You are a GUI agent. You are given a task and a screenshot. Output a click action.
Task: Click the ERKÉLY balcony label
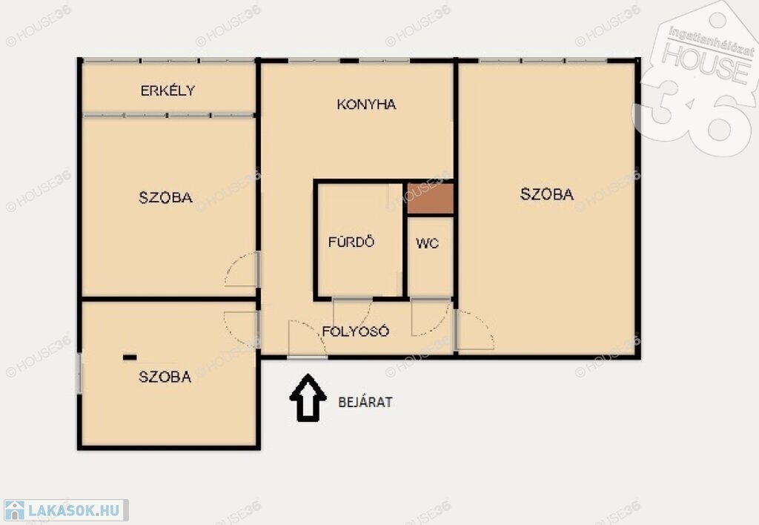click(168, 90)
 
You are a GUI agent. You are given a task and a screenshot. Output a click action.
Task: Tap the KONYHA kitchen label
click(366, 104)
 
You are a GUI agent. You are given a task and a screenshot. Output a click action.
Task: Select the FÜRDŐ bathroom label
click(351, 241)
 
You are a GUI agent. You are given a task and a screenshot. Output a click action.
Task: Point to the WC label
click(428, 243)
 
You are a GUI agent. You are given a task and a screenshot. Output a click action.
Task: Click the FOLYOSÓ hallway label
click(356, 331)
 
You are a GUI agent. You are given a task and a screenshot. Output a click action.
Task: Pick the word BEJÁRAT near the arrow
click(365, 402)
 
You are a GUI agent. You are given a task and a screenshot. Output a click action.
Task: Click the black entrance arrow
click(308, 397)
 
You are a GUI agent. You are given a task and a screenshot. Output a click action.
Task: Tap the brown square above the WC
click(431, 199)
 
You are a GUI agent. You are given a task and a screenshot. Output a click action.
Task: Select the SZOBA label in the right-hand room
click(547, 194)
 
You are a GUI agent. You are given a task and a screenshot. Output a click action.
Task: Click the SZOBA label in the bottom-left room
click(165, 377)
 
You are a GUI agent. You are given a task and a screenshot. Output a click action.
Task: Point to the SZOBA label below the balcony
click(165, 197)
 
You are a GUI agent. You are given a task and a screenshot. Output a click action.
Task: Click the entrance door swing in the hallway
click(307, 339)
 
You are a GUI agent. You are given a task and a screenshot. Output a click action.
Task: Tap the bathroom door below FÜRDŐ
click(352, 313)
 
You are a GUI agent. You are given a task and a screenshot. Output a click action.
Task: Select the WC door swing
click(431, 317)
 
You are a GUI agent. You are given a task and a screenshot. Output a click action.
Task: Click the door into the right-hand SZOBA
click(474, 330)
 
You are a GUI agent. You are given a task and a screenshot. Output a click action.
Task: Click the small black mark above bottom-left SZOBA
click(130, 357)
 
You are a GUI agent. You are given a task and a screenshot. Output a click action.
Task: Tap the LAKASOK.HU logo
click(64, 510)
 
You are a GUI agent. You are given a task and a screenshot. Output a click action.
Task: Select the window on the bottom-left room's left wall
click(79, 374)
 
